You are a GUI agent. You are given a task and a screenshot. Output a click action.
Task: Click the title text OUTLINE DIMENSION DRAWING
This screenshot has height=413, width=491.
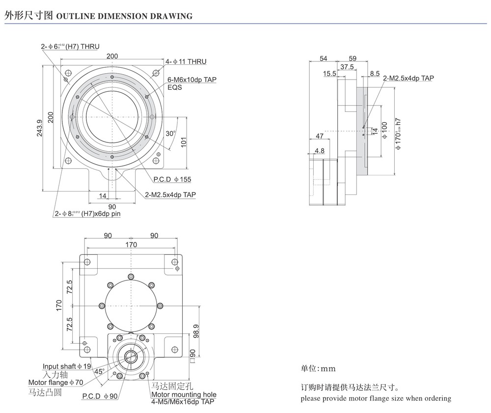click(125, 16)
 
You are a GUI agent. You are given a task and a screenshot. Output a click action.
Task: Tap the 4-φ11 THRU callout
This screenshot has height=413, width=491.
click(186, 61)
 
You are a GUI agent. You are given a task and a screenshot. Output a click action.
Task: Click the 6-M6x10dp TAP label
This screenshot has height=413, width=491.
click(192, 79)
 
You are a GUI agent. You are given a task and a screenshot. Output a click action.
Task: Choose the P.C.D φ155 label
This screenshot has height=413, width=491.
click(172, 179)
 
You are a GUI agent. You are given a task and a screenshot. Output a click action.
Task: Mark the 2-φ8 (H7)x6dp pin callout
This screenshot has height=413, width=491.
click(87, 214)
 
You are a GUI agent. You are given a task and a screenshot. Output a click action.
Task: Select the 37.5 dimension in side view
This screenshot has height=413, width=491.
click(347, 67)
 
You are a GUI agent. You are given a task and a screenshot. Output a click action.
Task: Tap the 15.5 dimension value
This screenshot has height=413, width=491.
click(329, 74)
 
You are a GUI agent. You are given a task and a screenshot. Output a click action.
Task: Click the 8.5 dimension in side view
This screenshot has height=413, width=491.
click(375, 74)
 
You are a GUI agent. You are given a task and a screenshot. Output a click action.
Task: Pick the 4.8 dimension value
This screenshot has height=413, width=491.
click(320, 151)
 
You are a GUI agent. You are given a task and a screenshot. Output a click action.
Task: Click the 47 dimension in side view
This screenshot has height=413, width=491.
click(319, 136)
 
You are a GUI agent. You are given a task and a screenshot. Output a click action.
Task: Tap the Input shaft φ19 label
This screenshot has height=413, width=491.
click(67, 366)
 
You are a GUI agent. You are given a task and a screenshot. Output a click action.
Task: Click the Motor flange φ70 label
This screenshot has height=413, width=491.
click(55, 383)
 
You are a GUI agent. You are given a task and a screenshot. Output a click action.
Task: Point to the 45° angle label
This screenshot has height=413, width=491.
click(99, 372)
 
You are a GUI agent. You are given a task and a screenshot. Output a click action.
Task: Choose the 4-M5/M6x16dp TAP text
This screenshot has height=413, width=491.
click(182, 402)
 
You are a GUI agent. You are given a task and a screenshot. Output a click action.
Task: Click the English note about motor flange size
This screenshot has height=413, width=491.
click(376, 398)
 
